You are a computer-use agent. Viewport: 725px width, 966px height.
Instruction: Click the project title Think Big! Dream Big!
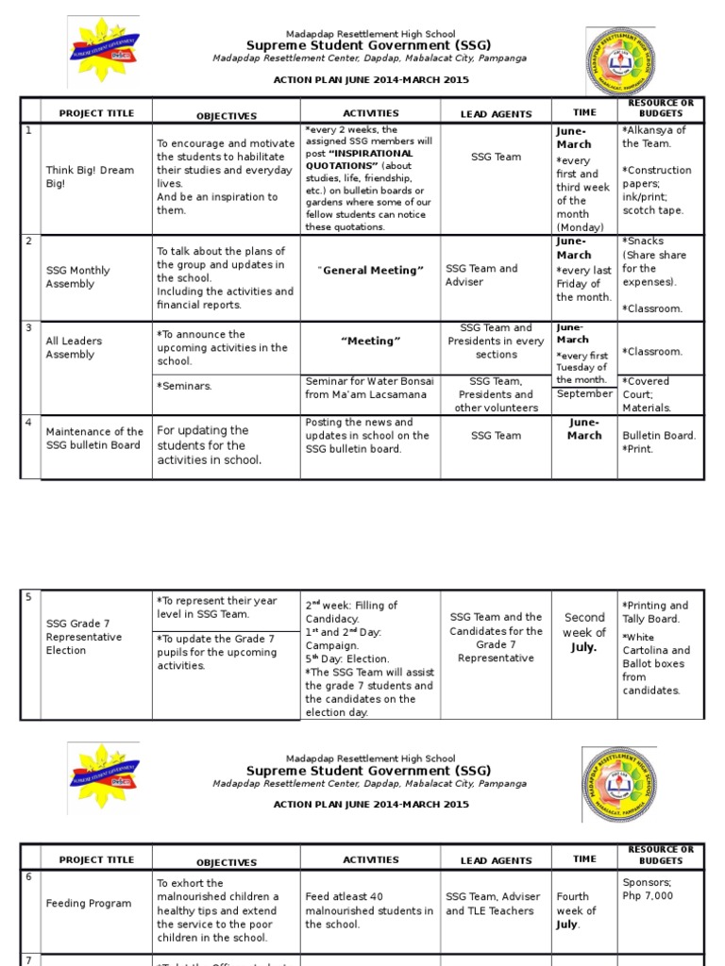pos(91,177)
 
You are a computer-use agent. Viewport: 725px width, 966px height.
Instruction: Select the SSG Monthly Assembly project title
pos(78,277)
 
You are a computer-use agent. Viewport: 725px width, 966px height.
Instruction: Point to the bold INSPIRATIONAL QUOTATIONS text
pos(359,159)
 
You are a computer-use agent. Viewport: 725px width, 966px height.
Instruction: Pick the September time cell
pos(584,394)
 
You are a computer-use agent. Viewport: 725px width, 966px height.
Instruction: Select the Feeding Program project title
pos(89,904)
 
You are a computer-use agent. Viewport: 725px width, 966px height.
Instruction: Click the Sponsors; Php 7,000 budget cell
pos(649,890)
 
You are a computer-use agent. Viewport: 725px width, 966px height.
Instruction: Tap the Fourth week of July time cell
pos(577,910)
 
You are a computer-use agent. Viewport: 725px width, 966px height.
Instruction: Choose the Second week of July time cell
pos(584,633)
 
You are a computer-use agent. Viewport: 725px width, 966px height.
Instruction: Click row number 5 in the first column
pos(28,597)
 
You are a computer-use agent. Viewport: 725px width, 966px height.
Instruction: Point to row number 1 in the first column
pos(28,130)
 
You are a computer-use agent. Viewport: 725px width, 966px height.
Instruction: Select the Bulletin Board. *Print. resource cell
pos(660,442)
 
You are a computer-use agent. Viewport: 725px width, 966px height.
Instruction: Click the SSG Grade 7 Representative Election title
pos(84,637)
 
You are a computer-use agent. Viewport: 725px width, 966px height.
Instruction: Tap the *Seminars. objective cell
pos(184,386)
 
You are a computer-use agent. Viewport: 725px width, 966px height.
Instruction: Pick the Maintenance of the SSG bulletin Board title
pos(94,439)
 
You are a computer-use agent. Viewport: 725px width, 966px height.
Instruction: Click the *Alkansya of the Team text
pos(654,137)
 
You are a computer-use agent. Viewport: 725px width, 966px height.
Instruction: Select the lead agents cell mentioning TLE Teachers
pos(493,904)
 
